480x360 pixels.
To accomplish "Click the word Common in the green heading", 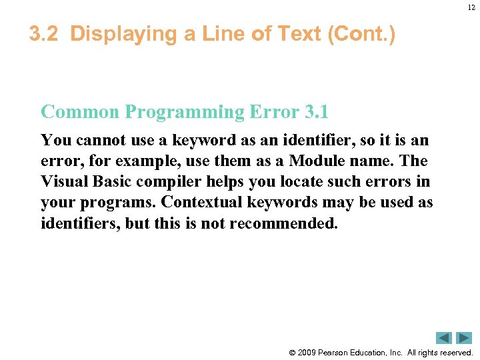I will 80,111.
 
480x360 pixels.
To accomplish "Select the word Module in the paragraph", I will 313,161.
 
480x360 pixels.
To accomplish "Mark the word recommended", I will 284,223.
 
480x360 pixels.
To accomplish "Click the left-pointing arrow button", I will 443,338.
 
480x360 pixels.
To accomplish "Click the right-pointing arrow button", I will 464,338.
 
